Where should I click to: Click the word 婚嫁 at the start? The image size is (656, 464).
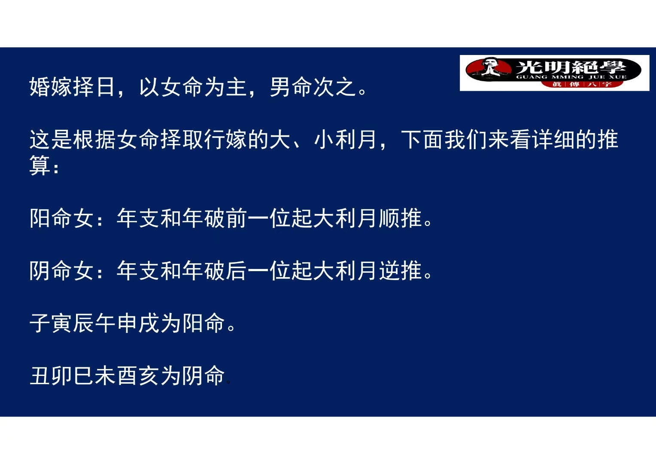(x=51, y=87)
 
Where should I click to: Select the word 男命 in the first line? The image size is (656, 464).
(x=292, y=87)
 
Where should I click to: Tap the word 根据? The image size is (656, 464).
(x=94, y=140)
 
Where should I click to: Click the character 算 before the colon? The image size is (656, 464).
(x=40, y=165)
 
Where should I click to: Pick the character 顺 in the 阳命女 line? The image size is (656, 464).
(x=390, y=218)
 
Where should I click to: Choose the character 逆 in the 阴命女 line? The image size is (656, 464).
(x=390, y=271)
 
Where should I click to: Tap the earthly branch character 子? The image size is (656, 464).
(x=40, y=323)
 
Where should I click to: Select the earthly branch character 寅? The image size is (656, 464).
(x=62, y=323)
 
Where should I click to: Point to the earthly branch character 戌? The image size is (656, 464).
(x=149, y=323)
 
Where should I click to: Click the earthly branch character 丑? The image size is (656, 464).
(x=40, y=375)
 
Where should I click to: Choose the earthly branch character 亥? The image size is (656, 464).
(x=149, y=375)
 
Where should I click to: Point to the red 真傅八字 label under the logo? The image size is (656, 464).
(x=581, y=84)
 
